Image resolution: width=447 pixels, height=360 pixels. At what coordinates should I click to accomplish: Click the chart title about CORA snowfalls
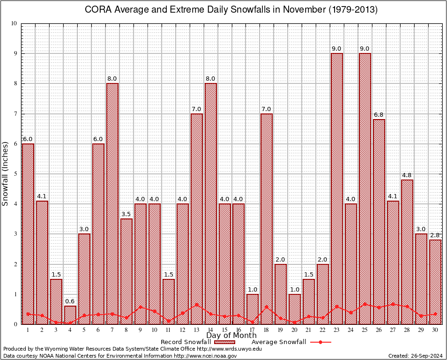(231, 10)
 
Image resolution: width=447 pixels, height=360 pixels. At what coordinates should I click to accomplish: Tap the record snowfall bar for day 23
(337, 187)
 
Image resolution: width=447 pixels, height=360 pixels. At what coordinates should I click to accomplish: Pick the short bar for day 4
(70, 315)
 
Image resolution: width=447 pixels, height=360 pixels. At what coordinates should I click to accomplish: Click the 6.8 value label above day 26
(379, 115)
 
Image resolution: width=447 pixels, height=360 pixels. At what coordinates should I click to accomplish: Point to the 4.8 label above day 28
(407, 175)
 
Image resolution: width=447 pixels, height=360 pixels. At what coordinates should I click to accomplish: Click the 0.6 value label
(70, 301)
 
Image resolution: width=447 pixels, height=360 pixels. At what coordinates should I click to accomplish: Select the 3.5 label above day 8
(127, 214)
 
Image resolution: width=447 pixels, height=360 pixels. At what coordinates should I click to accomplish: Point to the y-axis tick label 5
(15, 174)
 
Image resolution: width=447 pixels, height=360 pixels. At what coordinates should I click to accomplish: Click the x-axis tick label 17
(253, 330)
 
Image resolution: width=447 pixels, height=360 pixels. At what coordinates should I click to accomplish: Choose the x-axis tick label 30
(435, 330)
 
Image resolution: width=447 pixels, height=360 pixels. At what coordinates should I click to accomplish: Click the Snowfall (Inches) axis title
(6, 173)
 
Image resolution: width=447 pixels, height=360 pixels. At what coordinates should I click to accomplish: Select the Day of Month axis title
(231, 336)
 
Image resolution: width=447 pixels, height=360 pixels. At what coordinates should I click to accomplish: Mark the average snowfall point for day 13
(197, 305)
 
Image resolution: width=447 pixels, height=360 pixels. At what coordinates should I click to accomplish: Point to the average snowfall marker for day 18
(267, 307)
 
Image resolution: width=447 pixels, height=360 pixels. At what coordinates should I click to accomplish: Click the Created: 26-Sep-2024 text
(416, 356)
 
